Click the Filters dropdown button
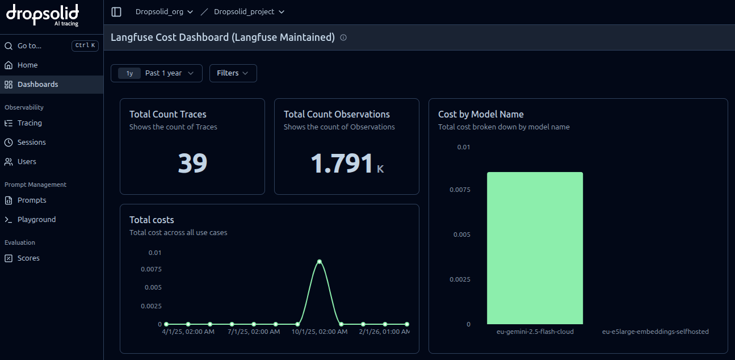pyautogui.click(x=233, y=73)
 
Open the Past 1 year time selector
pyautogui.click(x=157, y=73)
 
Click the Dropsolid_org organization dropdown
pyautogui.click(x=164, y=12)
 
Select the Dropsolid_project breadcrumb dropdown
pyautogui.click(x=249, y=12)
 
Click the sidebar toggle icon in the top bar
pyautogui.click(x=116, y=12)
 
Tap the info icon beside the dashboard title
pyautogui.click(x=343, y=37)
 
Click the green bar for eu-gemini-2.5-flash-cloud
pyautogui.click(x=535, y=248)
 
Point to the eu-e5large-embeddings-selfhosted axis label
pyautogui.click(x=656, y=332)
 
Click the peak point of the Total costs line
pyautogui.click(x=320, y=262)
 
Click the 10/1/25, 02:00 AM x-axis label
pyautogui.click(x=320, y=332)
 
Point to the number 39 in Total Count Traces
pyautogui.click(x=192, y=163)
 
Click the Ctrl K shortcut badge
pyautogui.click(x=85, y=45)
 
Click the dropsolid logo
pyautogui.click(x=43, y=15)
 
